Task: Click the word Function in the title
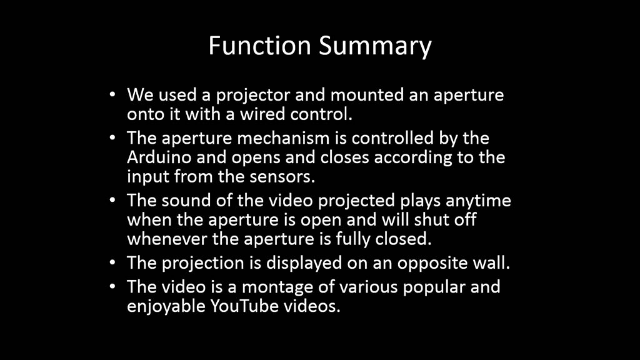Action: [259, 45]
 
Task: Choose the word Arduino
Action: [159, 157]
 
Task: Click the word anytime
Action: [478, 201]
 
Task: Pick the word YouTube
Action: [244, 306]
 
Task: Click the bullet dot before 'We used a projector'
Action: [112, 95]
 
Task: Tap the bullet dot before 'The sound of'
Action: [112, 201]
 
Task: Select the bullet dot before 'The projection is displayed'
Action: [112, 263]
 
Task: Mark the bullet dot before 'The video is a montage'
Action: [112, 287]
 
